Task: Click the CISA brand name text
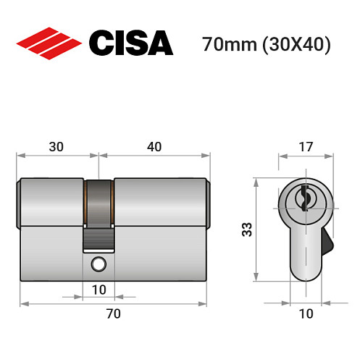(131, 43)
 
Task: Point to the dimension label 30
(56, 146)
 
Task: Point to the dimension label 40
(154, 146)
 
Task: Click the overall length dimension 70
(113, 313)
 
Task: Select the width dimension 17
(306, 146)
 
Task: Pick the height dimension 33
(246, 230)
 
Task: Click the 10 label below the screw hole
(99, 290)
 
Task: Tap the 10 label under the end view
(306, 313)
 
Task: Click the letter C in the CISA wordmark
(101, 43)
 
